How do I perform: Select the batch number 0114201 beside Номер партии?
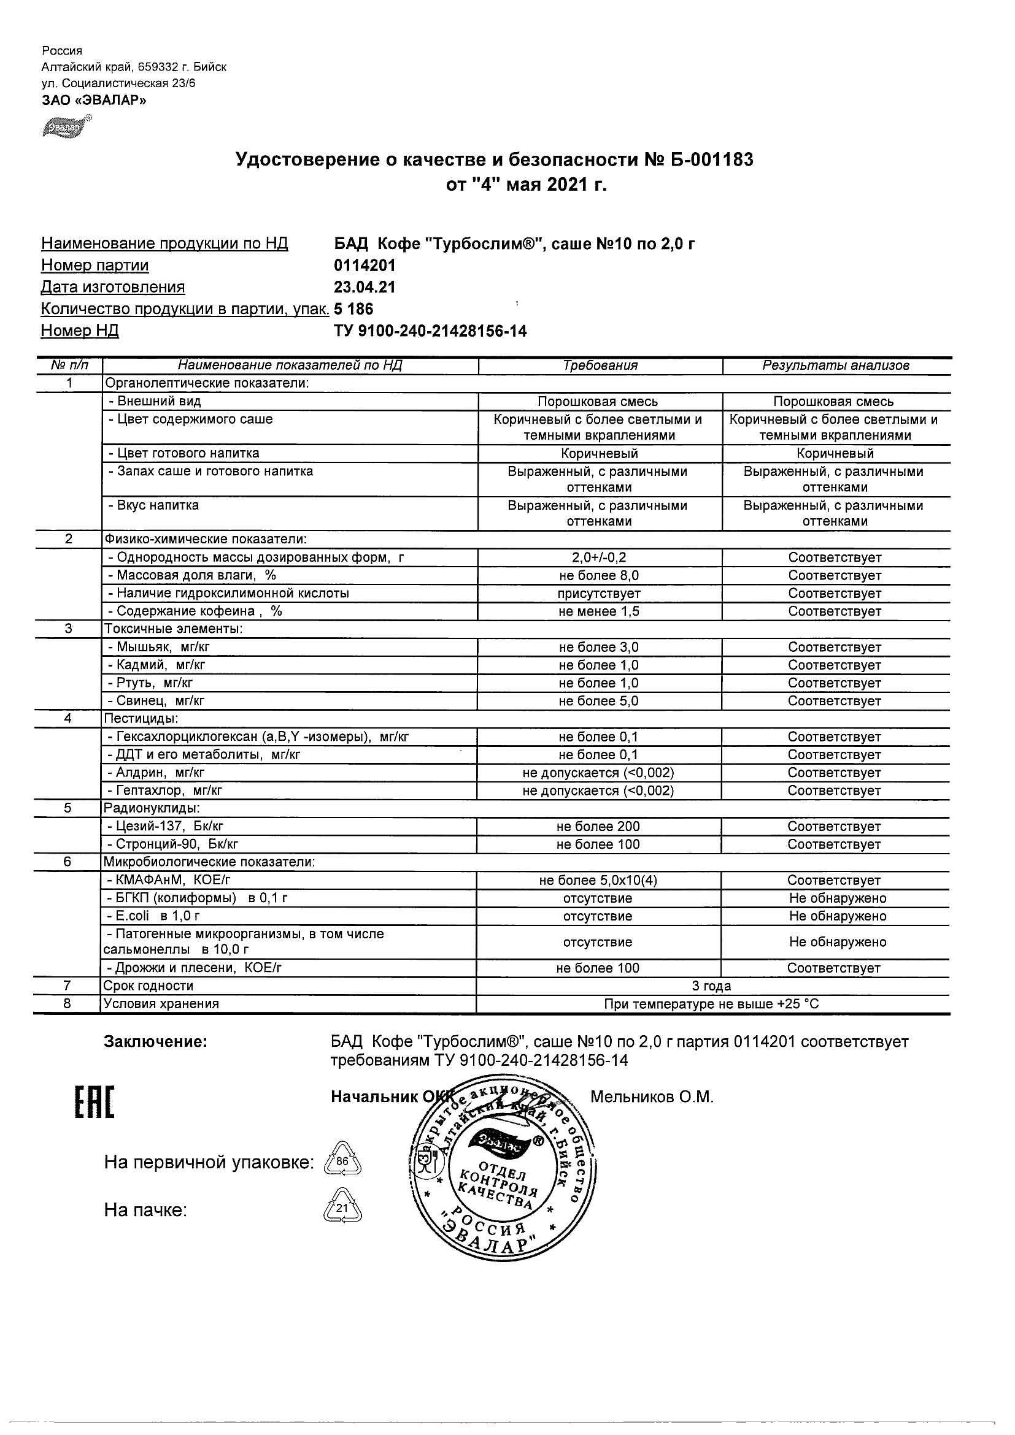365,266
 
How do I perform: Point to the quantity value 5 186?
354,309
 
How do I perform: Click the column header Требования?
600,365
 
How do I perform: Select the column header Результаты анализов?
836,365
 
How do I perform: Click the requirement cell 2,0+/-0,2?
599,557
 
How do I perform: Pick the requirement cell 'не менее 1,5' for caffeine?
599,611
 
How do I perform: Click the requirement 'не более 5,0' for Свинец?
598,702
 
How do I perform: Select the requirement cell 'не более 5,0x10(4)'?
598,881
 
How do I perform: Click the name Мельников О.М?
652,1097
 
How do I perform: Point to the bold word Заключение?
156,1042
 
